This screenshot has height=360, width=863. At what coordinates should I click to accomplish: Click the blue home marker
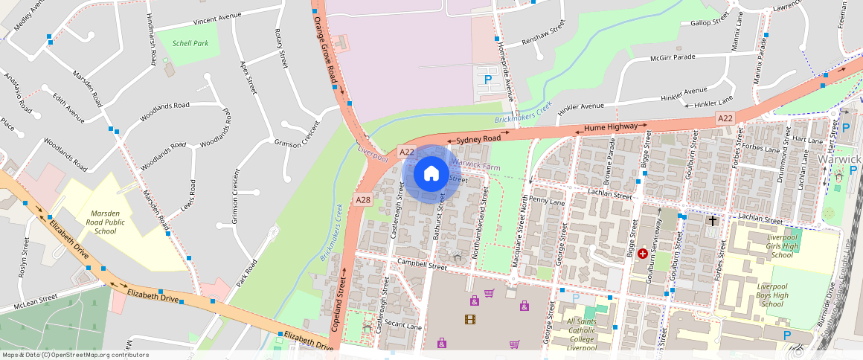coord(431,174)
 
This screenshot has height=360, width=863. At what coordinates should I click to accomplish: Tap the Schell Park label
coord(190,44)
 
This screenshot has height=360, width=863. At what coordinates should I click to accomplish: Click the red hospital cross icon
coord(642,254)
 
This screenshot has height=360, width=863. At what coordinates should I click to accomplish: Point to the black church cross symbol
coord(712,221)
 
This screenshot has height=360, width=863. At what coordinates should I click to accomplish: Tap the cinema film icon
coord(469,320)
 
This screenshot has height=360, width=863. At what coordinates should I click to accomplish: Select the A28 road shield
coord(363,200)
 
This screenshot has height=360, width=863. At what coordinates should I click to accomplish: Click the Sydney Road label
coord(478,139)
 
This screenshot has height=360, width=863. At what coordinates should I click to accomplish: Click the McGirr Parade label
coord(673,57)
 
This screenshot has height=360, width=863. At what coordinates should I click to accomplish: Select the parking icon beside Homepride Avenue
coord(488,79)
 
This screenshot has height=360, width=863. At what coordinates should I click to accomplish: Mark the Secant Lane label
coord(404,327)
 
